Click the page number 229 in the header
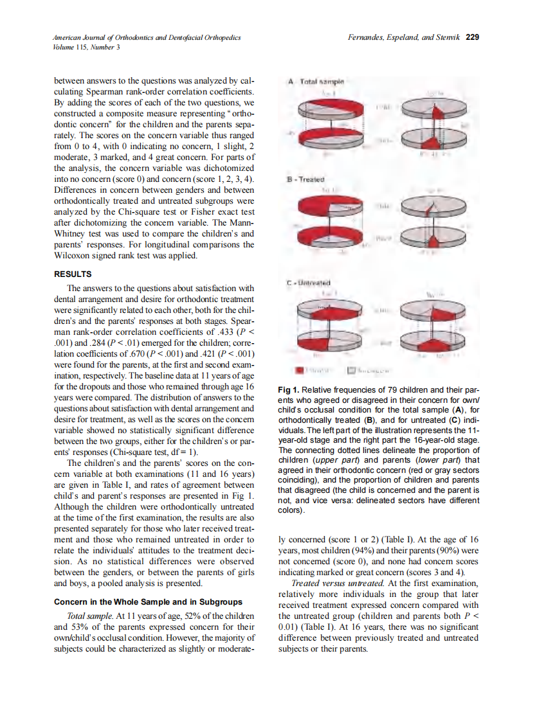(x=473, y=37)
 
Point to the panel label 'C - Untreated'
(x=309, y=282)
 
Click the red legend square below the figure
(x=299, y=371)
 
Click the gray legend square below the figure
(x=352, y=371)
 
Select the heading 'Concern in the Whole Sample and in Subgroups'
(x=148, y=602)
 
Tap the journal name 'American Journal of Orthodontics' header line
(x=147, y=38)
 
